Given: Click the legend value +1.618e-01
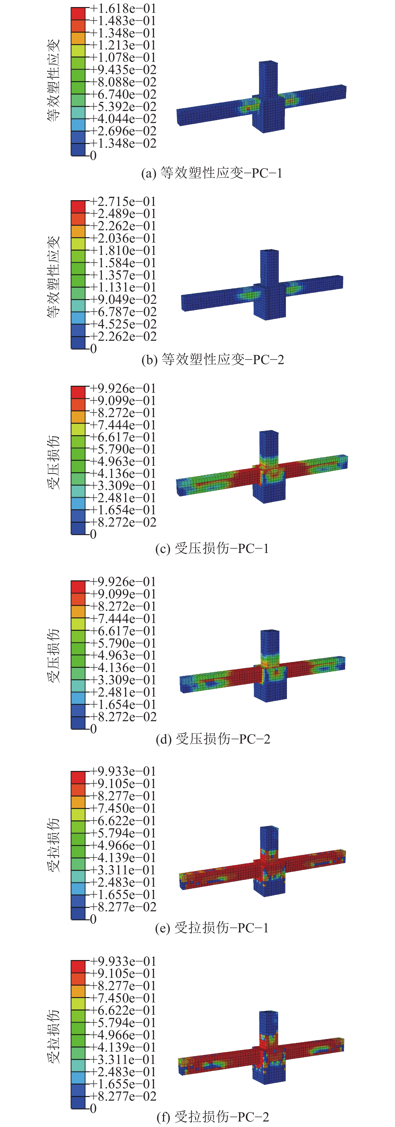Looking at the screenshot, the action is pyautogui.click(x=123, y=8).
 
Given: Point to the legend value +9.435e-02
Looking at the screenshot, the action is pyautogui.click(x=123, y=70).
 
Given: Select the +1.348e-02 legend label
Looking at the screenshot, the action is pyautogui.click(x=123, y=143).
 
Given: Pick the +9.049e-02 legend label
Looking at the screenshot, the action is pyautogui.click(x=123, y=299).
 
